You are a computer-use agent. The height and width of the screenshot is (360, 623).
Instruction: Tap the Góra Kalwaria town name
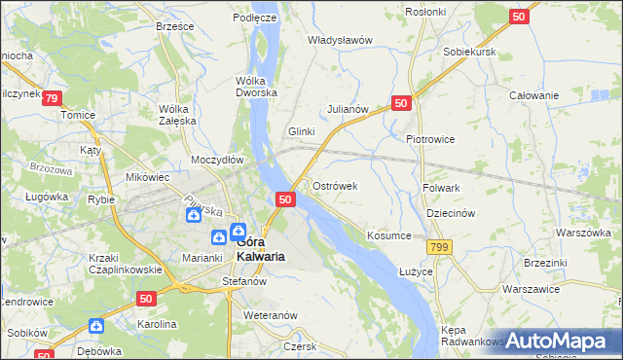point(260,248)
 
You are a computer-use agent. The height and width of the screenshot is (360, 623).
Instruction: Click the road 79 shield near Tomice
point(52,98)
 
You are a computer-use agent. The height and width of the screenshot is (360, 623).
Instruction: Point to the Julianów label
point(348,109)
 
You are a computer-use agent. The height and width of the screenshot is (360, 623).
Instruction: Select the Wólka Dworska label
point(257,87)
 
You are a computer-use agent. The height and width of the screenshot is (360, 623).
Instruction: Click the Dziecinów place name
point(450,214)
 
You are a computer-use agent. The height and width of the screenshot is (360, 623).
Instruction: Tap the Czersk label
point(300,345)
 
